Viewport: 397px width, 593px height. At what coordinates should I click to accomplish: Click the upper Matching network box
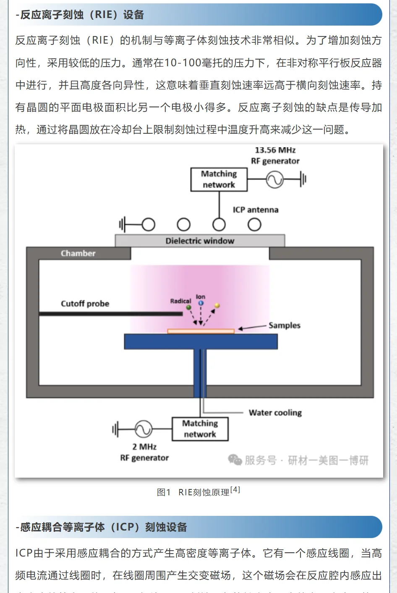tap(219, 179)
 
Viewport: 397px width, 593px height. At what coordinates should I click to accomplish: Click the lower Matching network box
tap(200, 429)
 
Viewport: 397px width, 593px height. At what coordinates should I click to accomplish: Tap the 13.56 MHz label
tap(275, 150)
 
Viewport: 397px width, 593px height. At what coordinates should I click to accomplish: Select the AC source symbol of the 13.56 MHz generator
tap(275, 180)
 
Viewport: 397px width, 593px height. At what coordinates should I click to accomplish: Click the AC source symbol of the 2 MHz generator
tap(143, 429)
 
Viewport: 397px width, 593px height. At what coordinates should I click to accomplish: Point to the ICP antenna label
tap(256, 210)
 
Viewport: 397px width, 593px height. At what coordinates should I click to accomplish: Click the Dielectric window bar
tap(200, 241)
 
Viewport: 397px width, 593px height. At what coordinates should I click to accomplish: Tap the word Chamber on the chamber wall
tap(78, 253)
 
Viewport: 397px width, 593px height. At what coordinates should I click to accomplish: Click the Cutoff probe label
tap(85, 304)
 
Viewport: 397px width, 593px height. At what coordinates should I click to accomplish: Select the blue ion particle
tap(201, 303)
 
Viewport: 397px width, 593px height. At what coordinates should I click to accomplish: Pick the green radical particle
tap(189, 307)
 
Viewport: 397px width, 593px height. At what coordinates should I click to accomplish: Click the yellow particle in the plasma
tap(217, 306)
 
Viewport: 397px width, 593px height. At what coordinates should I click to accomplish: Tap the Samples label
tap(285, 325)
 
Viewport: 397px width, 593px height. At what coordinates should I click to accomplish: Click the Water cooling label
tap(275, 413)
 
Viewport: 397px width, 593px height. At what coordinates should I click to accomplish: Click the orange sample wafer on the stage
tap(201, 331)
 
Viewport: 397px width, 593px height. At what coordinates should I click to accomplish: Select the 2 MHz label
tap(144, 447)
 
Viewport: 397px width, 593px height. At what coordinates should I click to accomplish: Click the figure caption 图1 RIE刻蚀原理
tap(198, 492)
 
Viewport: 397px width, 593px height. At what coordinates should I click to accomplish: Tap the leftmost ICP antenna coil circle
tap(148, 225)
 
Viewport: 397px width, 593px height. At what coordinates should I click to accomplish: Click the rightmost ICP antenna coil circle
tap(254, 225)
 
